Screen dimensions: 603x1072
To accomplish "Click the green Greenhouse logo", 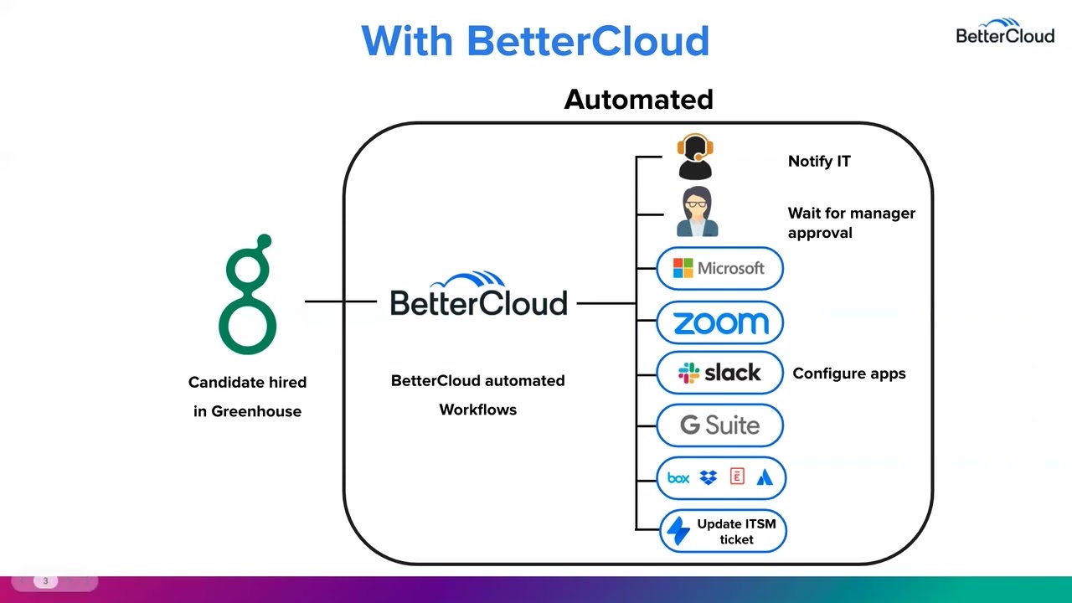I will pos(248,295).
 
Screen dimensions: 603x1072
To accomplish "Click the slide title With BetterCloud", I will pos(535,41).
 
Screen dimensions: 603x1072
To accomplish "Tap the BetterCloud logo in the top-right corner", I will pos(1004,31).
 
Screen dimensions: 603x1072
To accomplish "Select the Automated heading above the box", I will pos(638,100).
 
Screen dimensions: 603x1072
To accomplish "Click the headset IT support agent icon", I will pos(695,157).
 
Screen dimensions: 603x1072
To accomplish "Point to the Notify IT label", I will pos(818,162).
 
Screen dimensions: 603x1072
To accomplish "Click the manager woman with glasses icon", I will pos(697,213).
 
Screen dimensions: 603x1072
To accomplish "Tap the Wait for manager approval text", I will pos(851,223).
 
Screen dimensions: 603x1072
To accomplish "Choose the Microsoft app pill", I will pos(719,269).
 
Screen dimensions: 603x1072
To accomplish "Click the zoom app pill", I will pos(719,322).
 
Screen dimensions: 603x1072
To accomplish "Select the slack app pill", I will pos(719,374).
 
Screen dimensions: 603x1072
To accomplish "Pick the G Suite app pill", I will pos(719,425).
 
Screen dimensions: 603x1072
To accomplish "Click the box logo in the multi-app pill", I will pos(678,478).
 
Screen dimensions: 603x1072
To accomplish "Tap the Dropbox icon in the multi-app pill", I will pos(709,478).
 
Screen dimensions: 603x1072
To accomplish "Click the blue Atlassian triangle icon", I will pos(765,478).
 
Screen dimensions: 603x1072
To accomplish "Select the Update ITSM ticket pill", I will pos(723,531).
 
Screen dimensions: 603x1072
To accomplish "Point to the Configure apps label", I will pos(848,374).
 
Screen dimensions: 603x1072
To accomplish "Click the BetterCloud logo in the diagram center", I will pos(479,296).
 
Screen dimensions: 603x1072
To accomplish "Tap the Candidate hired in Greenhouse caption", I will pos(247,396).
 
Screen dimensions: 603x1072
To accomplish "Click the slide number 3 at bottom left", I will pos(45,581).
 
